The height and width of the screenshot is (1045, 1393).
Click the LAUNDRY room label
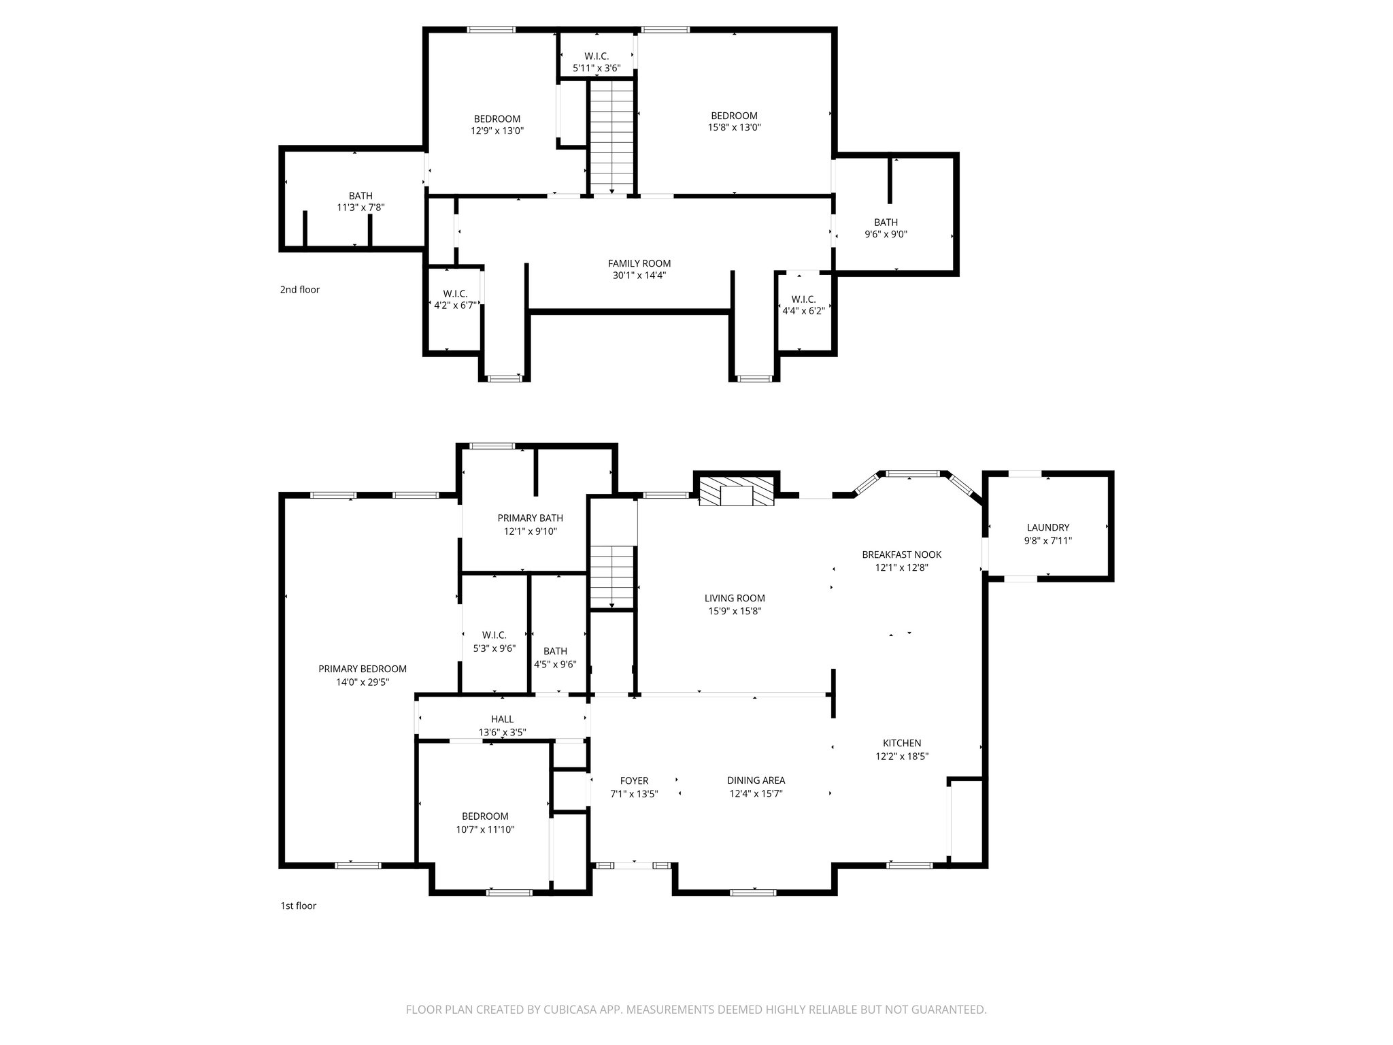(1047, 527)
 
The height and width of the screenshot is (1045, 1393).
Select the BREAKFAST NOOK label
(901, 554)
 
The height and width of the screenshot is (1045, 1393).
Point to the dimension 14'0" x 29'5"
(363, 682)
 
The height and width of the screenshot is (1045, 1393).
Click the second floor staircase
(612, 136)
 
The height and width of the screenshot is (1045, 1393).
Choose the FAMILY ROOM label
(639, 263)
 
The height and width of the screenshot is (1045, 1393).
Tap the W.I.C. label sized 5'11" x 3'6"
(597, 56)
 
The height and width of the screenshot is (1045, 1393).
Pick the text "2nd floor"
(299, 290)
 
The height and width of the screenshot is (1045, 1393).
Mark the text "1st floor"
(298, 906)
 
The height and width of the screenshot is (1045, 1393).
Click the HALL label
(502, 719)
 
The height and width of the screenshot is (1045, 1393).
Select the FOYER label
(634, 781)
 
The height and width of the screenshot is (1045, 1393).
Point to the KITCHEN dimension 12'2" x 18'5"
(902, 756)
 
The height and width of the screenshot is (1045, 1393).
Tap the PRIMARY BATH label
(530, 518)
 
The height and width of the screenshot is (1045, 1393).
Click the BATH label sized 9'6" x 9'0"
(886, 222)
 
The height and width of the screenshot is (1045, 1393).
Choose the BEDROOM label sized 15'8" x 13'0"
(734, 116)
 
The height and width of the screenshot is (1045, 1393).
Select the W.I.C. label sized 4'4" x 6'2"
(803, 299)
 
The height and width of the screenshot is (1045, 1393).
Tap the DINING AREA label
(756, 780)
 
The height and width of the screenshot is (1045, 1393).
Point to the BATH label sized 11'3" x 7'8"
(360, 196)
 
